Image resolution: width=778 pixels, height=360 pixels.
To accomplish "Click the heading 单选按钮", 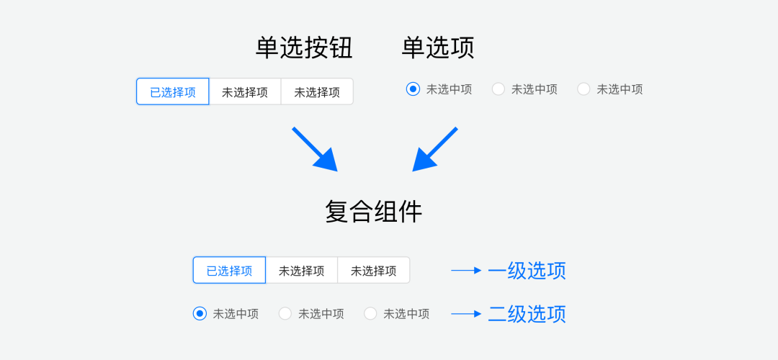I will click(304, 48).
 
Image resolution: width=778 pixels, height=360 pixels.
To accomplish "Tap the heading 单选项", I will click(438, 48).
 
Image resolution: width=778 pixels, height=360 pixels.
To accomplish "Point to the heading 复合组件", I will click(373, 212).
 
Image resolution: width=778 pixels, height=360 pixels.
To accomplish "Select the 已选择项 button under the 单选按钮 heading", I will click(173, 92).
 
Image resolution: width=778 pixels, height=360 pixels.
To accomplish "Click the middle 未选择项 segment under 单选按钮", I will click(245, 92).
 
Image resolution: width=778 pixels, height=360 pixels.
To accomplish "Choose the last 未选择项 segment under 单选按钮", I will click(317, 92).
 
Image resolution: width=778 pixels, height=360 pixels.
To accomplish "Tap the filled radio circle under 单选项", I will click(413, 89).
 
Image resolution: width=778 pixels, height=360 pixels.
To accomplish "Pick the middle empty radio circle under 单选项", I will click(498, 89).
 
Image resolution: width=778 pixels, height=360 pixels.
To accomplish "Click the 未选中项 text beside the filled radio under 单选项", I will click(449, 89).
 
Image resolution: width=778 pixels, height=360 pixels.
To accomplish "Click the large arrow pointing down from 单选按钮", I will click(316, 150).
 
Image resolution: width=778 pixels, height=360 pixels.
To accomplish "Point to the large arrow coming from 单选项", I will click(434, 150).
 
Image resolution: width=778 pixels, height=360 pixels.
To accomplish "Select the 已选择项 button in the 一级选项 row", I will click(229, 271).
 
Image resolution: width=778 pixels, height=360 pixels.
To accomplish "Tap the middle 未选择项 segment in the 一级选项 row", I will click(302, 271).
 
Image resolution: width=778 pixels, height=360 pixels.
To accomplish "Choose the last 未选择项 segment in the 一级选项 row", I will click(373, 271).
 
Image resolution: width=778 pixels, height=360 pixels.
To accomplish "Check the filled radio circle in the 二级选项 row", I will click(200, 314).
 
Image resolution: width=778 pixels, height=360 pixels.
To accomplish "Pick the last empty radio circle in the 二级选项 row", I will click(370, 314).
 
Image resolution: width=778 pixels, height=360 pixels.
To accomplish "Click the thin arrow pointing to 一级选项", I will click(466, 271).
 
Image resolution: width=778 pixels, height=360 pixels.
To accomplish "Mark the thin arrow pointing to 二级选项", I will click(466, 314).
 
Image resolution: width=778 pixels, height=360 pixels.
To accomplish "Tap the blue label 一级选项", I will click(527, 271).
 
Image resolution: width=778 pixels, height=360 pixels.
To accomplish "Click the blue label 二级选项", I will click(527, 314).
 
